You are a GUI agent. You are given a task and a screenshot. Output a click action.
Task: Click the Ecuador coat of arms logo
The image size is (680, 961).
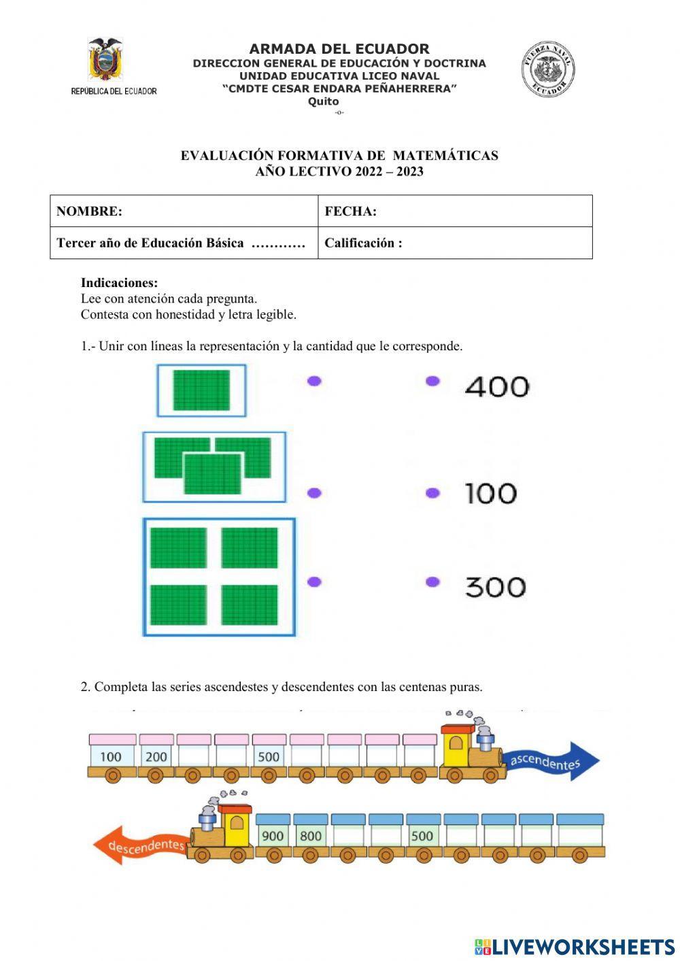105,61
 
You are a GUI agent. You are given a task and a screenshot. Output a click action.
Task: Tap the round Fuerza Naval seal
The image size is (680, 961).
549,69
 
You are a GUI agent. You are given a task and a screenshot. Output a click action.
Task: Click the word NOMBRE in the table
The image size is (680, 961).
89,211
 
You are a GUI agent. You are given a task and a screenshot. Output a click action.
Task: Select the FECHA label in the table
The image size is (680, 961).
350,211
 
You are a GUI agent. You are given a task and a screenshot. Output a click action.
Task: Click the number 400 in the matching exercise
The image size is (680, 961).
497,386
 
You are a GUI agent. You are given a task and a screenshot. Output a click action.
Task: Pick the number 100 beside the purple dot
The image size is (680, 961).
491,493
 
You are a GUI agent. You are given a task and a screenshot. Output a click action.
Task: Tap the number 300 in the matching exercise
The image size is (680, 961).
495,586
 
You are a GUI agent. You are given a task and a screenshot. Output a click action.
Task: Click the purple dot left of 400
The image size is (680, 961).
432,381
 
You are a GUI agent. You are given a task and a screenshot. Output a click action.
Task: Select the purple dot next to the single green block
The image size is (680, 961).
314,381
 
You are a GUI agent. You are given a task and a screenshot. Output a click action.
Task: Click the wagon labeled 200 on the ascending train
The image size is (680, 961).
156,756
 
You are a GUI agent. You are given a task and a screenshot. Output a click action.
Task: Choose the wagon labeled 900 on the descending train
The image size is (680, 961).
273,835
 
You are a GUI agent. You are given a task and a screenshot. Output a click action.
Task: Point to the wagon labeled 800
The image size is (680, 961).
311,835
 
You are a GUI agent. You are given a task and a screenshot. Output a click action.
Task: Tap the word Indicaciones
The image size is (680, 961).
119,283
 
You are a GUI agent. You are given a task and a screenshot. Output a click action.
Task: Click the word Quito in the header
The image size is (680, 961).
323,101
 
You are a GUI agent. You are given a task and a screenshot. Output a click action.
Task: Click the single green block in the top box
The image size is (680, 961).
201,390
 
